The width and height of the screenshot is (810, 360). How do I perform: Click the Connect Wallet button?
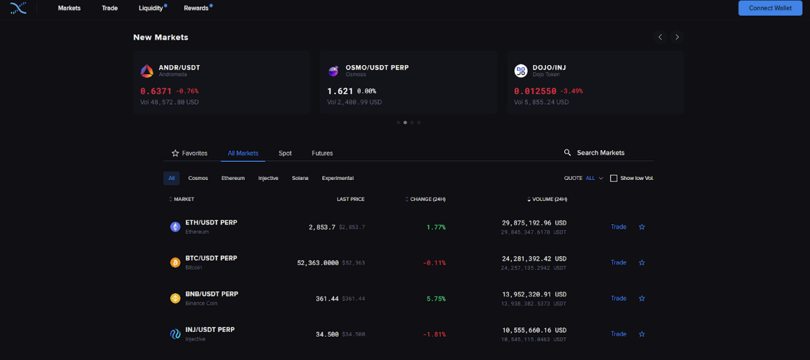click(770, 8)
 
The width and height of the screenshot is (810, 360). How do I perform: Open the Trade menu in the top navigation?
click(110, 8)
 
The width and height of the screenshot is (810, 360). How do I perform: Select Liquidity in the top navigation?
click(151, 8)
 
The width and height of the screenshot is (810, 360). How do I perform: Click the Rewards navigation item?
click(196, 8)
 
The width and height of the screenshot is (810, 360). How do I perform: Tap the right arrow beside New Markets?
click(677, 37)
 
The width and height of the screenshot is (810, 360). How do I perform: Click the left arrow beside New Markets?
click(660, 37)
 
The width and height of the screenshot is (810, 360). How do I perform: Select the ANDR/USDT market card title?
click(179, 68)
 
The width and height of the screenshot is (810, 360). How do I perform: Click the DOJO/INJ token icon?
click(521, 71)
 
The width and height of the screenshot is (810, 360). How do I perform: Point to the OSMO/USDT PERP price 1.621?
click(340, 92)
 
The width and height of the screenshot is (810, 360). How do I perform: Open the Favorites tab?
click(189, 153)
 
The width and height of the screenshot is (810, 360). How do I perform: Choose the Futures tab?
click(322, 153)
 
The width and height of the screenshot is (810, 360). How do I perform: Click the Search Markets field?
click(601, 153)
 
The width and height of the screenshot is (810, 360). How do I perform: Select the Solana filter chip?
click(300, 178)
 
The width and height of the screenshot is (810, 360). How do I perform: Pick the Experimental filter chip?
click(337, 178)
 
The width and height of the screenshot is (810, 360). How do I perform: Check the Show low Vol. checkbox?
click(614, 178)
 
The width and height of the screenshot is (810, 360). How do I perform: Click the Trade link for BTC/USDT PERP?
click(618, 263)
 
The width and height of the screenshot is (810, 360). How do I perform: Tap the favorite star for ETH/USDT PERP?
click(642, 227)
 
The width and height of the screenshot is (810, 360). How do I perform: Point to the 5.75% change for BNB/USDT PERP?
click(436, 298)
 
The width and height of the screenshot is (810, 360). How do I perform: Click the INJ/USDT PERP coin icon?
click(175, 334)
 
